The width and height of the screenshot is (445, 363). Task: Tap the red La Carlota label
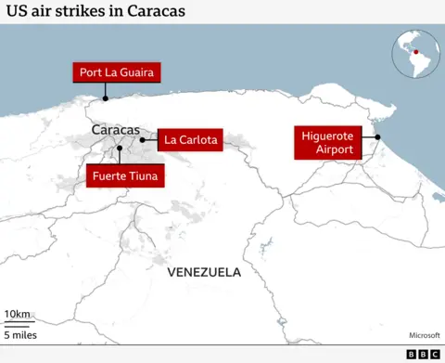click(x=190, y=140)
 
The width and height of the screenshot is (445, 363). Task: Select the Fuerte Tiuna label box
click(x=124, y=175)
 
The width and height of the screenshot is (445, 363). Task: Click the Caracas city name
click(x=115, y=129)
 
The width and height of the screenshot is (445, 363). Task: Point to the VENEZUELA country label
click(x=204, y=273)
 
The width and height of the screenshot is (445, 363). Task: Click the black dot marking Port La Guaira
click(x=106, y=97)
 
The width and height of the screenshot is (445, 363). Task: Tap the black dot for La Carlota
click(x=142, y=140)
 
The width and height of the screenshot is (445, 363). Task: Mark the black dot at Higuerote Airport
click(x=377, y=137)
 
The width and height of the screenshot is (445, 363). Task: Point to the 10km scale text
click(x=17, y=314)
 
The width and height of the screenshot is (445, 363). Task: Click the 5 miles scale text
click(x=22, y=333)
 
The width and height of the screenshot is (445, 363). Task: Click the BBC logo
click(x=423, y=354)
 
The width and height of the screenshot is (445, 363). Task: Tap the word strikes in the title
click(x=78, y=12)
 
